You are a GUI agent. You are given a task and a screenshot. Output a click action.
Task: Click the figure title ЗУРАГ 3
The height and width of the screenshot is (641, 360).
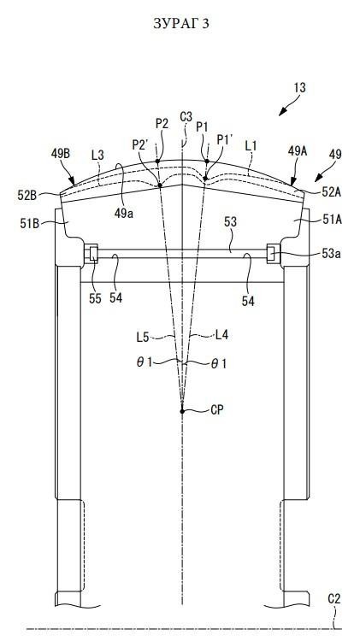(x=180, y=23)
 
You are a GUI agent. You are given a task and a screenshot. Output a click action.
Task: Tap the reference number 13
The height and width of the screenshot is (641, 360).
(x=299, y=87)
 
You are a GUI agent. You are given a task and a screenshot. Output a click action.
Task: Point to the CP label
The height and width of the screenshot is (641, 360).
(x=217, y=409)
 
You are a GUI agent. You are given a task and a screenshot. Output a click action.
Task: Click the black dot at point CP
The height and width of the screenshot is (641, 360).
(x=182, y=411)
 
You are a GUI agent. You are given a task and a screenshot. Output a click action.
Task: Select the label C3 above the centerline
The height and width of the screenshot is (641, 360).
(x=186, y=117)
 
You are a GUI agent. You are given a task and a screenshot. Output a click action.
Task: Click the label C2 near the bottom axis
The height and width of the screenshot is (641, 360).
(x=333, y=599)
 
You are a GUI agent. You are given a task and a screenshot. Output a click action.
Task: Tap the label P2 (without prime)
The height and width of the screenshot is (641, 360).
(x=162, y=124)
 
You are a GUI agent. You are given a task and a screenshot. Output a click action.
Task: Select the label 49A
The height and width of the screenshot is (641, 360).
(x=297, y=150)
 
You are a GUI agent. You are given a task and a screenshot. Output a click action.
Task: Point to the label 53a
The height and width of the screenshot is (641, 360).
(x=331, y=254)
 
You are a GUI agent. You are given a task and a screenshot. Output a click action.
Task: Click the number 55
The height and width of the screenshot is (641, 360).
(x=95, y=299)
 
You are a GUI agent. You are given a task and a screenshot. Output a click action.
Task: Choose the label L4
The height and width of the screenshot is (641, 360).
(x=221, y=335)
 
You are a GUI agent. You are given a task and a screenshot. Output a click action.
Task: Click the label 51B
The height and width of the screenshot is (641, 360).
(x=28, y=223)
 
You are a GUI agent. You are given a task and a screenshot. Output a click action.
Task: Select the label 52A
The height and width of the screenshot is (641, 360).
(x=331, y=191)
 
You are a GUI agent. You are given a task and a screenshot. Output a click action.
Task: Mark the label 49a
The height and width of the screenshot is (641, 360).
(x=123, y=214)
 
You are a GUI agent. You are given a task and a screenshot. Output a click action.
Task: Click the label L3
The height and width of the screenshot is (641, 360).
(x=97, y=155)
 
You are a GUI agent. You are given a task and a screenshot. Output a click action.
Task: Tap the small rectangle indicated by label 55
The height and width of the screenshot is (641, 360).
(x=94, y=254)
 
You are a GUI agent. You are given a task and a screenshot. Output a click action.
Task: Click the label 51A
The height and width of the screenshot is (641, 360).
(x=333, y=220)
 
